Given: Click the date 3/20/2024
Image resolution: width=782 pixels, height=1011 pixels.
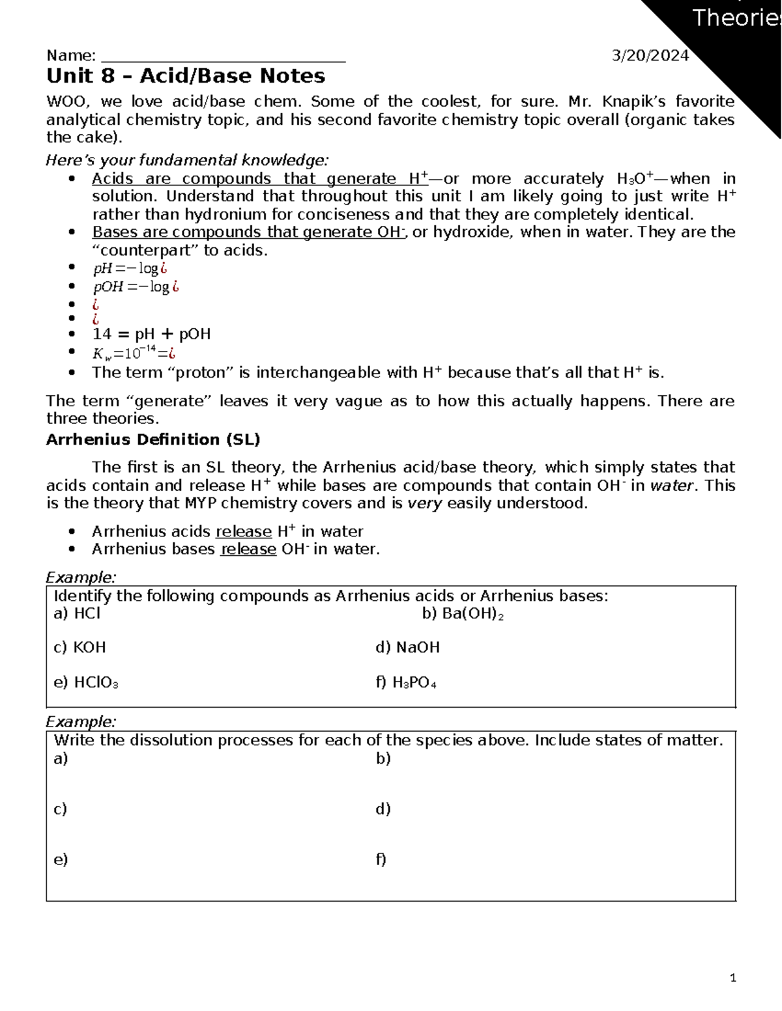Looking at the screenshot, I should point(650,56).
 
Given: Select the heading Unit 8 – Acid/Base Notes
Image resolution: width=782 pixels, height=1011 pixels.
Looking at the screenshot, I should point(186,76).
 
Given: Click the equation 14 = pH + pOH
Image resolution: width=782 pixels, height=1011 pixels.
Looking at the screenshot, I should point(151,335).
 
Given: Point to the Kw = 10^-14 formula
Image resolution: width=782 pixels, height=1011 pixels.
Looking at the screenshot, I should point(134,353).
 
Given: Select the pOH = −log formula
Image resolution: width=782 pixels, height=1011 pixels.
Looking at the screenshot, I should point(136,286).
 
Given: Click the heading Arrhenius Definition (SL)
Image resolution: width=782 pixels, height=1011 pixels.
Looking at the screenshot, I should point(153,440).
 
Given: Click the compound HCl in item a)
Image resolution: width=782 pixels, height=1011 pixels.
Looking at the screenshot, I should point(87,613).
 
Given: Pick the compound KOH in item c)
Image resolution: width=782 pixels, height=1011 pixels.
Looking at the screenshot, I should point(89,648).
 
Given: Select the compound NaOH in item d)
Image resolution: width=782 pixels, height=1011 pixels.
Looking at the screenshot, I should point(418,648).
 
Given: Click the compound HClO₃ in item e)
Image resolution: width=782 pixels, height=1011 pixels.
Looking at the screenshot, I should point(96,683).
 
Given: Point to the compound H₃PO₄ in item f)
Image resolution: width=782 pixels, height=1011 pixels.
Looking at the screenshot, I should point(414,683).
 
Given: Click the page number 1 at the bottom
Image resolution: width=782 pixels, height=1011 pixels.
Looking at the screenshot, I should point(733,978).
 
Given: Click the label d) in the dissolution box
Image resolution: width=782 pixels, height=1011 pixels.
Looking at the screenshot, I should point(383,809).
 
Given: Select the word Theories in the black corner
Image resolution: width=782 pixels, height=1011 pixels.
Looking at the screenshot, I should point(735,18).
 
